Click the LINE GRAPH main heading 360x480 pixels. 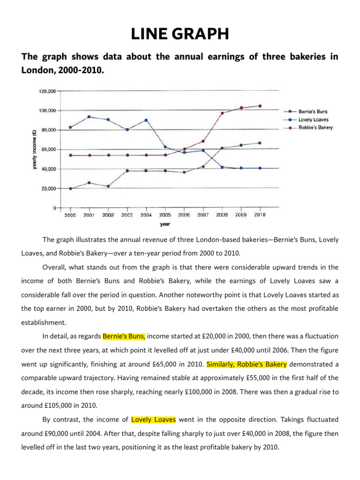click(180, 35)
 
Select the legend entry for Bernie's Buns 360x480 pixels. click(313, 112)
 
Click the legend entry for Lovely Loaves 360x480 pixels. click(313, 120)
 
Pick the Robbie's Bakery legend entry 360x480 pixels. click(315, 127)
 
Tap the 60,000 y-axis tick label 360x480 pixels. click(47, 149)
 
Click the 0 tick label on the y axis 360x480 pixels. click(54, 207)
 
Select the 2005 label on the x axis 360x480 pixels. click(165, 215)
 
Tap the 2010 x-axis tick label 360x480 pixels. click(260, 215)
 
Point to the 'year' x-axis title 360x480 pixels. click(165, 224)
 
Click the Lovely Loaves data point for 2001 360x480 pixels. click(90, 117)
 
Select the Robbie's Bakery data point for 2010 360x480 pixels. click(260, 106)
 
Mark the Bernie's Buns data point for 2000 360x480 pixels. click(71, 188)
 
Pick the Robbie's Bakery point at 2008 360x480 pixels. click(222, 113)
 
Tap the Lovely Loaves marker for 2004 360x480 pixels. click(146, 120)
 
